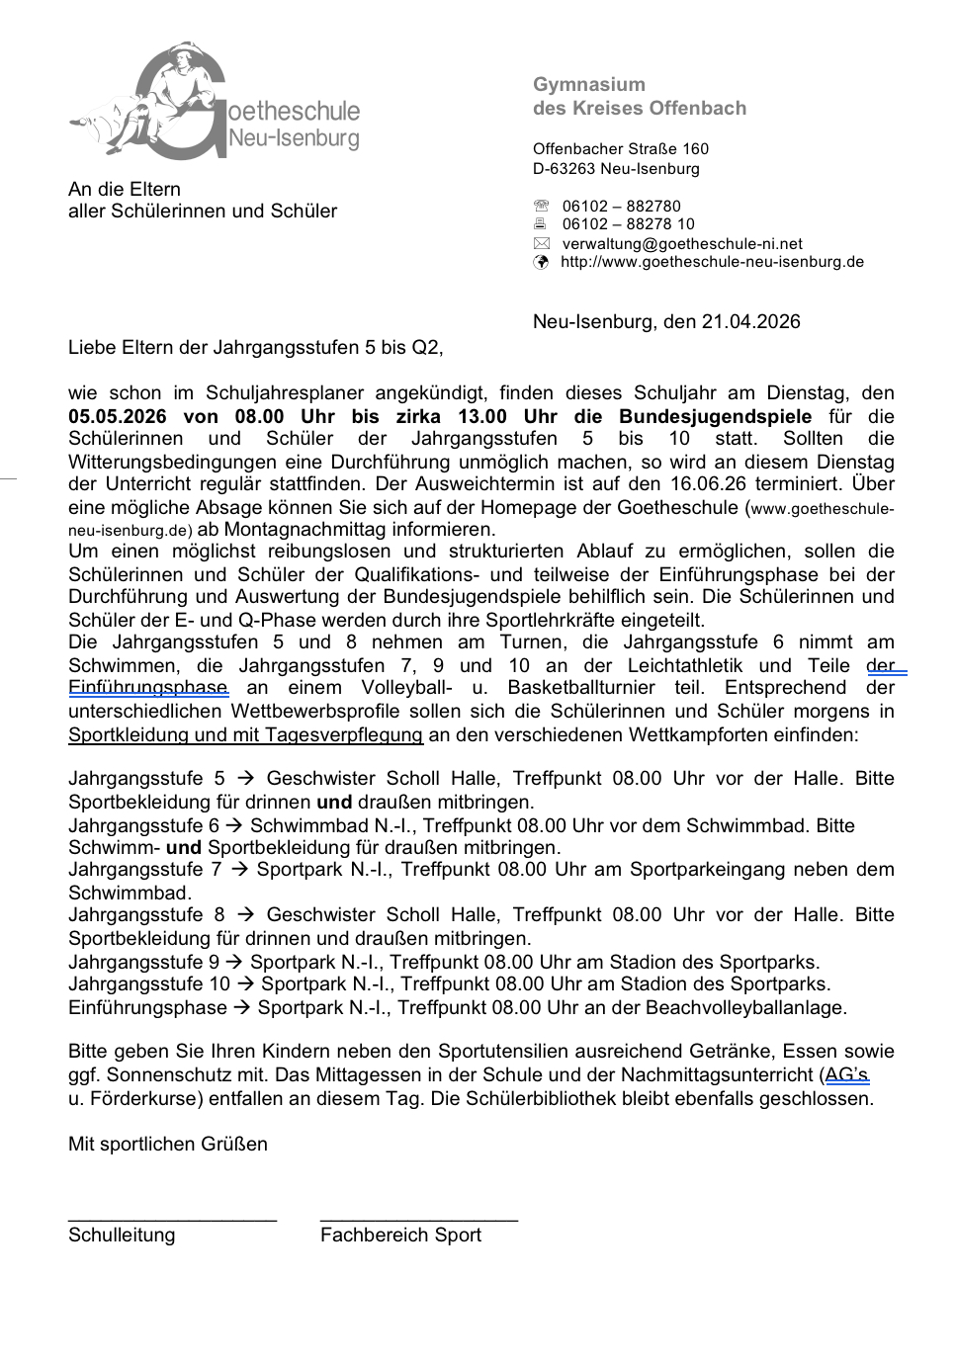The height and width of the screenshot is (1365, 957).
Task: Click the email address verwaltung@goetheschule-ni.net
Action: coord(682,243)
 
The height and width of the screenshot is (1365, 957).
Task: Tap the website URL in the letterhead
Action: coord(712,262)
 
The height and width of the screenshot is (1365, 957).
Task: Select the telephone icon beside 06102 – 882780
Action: coord(541,207)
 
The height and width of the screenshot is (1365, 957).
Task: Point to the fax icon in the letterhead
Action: coord(541,224)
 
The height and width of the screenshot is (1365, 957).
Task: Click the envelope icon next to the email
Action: coord(541,243)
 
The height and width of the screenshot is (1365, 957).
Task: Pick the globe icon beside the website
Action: coord(541,262)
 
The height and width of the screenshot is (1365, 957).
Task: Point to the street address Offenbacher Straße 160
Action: coord(621,149)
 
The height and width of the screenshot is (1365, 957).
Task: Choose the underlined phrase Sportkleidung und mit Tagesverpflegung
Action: coord(245,735)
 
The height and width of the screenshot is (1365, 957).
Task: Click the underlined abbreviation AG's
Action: coord(846,1075)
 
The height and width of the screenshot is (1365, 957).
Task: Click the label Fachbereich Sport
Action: coord(400,1235)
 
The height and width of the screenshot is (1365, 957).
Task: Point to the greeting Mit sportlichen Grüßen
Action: coord(168,1145)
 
